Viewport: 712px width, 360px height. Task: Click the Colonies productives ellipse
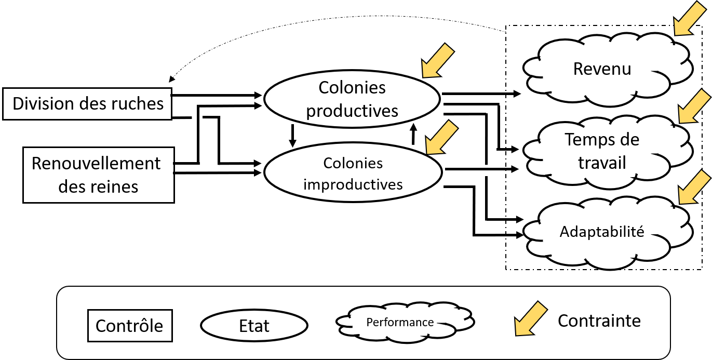(352, 99)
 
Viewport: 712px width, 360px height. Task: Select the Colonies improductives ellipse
(353, 172)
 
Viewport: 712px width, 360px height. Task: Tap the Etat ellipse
(254, 326)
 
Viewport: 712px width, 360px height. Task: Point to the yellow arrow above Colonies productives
(437, 61)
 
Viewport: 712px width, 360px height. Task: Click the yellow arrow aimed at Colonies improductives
(441, 138)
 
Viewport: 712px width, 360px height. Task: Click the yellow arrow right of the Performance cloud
(530, 318)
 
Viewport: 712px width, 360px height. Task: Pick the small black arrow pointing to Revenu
(513, 94)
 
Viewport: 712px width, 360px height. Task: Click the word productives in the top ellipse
(352, 111)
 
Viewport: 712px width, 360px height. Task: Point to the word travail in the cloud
(602, 163)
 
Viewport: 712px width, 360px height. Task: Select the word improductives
(353, 184)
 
